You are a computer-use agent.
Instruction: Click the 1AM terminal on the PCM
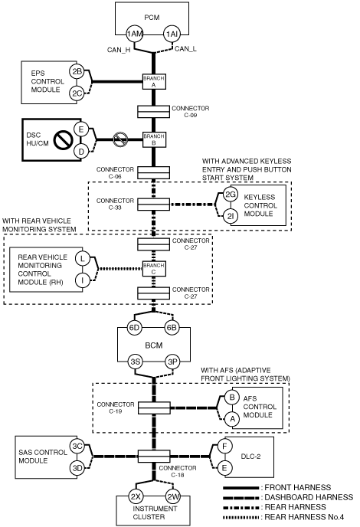[x=135, y=34]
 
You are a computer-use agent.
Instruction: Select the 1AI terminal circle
[x=172, y=34]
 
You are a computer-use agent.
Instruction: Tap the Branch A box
[x=154, y=82]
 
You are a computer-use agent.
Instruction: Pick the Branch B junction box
[x=154, y=139]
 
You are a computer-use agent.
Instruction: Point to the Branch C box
[x=154, y=269]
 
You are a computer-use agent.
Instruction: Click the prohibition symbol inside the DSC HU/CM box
[x=64, y=139]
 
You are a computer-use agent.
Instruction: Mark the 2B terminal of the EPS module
[x=77, y=71]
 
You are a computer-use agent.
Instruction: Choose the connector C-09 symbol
[x=154, y=112]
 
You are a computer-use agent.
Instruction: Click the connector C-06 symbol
[x=154, y=173]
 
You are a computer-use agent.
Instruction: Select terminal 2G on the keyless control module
[x=231, y=195]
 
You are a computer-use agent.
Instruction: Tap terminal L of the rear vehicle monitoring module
[x=83, y=258]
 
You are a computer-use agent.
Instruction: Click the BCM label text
[x=154, y=345]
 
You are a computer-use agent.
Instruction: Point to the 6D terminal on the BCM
[x=135, y=327]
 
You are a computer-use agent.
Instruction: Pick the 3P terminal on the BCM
[x=172, y=362]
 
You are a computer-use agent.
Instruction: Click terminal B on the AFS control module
[x=232, y=398]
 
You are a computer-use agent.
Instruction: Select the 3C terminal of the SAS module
[x=77, y=446]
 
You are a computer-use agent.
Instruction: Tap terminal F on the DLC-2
[x=224, y=447]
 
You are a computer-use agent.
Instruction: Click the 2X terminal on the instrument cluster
[x=136, y=497]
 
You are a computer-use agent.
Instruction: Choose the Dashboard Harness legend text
[x=309, y=497]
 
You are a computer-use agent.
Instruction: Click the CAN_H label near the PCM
[x=119, y=50]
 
